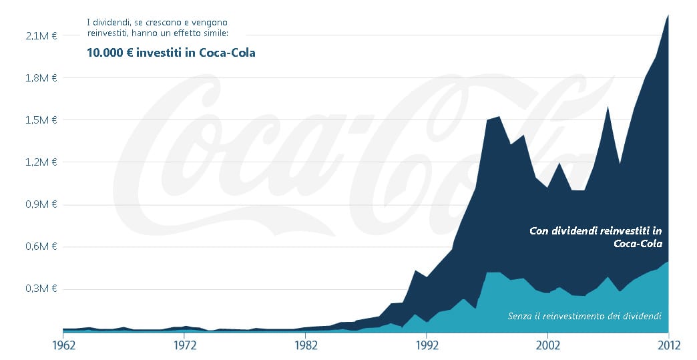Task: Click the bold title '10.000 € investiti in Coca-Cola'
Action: point(171,53)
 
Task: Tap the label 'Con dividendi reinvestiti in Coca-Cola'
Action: point(596,237)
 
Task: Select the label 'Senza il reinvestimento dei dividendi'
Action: point(584,315)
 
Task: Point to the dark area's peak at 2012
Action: point(668,15)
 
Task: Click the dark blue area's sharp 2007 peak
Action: point(607,107)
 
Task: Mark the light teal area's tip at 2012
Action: point(668,262)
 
